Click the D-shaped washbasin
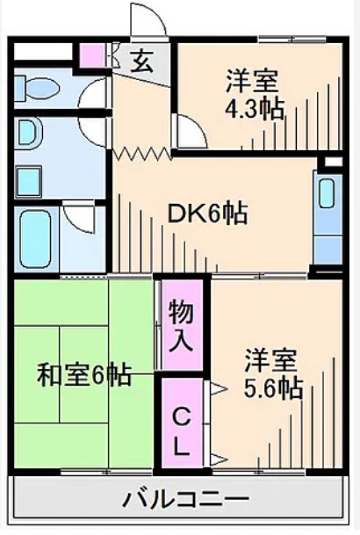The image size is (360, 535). pos(28,134)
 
